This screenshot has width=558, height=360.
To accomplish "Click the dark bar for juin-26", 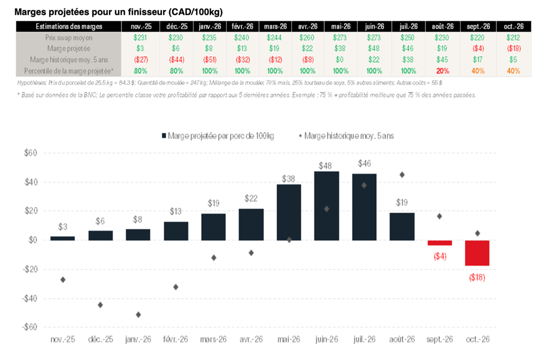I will (326, 206).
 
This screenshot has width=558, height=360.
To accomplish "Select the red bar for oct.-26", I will (477, 253).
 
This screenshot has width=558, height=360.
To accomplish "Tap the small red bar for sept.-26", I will (440, 243).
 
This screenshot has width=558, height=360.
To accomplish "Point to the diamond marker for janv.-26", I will (138, 315).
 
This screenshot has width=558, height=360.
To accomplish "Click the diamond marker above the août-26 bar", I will (402, 175).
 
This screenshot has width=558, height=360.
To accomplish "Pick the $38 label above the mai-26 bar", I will (289, 178).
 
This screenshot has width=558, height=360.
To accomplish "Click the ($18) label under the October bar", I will (477, 277).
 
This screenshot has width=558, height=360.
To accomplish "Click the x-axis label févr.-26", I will (176, 339).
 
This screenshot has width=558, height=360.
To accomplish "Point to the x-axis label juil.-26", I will (364, 339).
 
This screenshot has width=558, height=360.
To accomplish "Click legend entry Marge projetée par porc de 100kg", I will (217, 136).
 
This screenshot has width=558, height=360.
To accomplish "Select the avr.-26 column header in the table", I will (307, 27).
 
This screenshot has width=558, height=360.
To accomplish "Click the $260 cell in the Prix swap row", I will (307, 38).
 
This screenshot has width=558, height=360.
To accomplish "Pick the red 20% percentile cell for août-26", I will (442, 71).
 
